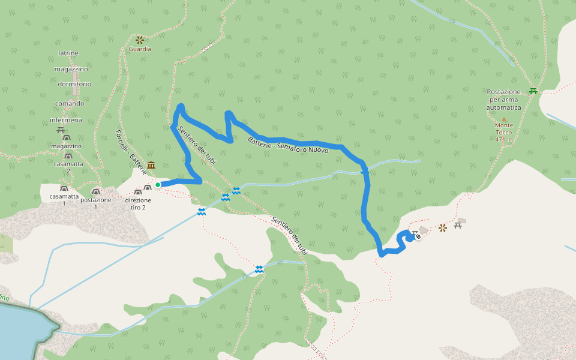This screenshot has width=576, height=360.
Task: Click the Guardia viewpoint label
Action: pos(140,49)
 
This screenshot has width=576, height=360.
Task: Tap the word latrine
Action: pos(68,53)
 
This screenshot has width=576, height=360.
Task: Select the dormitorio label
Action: pos(75,84)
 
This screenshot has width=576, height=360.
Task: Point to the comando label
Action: pos(70,103)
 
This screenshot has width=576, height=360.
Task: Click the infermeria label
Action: pos(66,120)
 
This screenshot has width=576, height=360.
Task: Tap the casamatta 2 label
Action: pos(68,167)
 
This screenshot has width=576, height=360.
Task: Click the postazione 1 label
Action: pos(95,203)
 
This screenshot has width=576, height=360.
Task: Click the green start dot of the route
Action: pos(158,185)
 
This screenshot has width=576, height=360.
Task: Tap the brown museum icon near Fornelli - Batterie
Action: pos(151,165)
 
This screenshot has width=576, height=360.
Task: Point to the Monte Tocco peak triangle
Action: pos(503,119)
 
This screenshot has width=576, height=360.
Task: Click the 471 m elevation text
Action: pos(504,140)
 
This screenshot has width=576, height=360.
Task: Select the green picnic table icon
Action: pos(533,91)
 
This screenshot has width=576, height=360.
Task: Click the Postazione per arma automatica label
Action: pos(504,100)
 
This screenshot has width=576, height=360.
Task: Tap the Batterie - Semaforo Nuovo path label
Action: pos(288,145)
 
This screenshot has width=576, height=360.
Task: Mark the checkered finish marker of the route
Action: pos(418,236)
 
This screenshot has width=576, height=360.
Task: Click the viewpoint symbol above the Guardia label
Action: pos(140,40)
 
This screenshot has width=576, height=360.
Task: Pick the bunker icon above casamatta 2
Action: pos(68,156)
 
